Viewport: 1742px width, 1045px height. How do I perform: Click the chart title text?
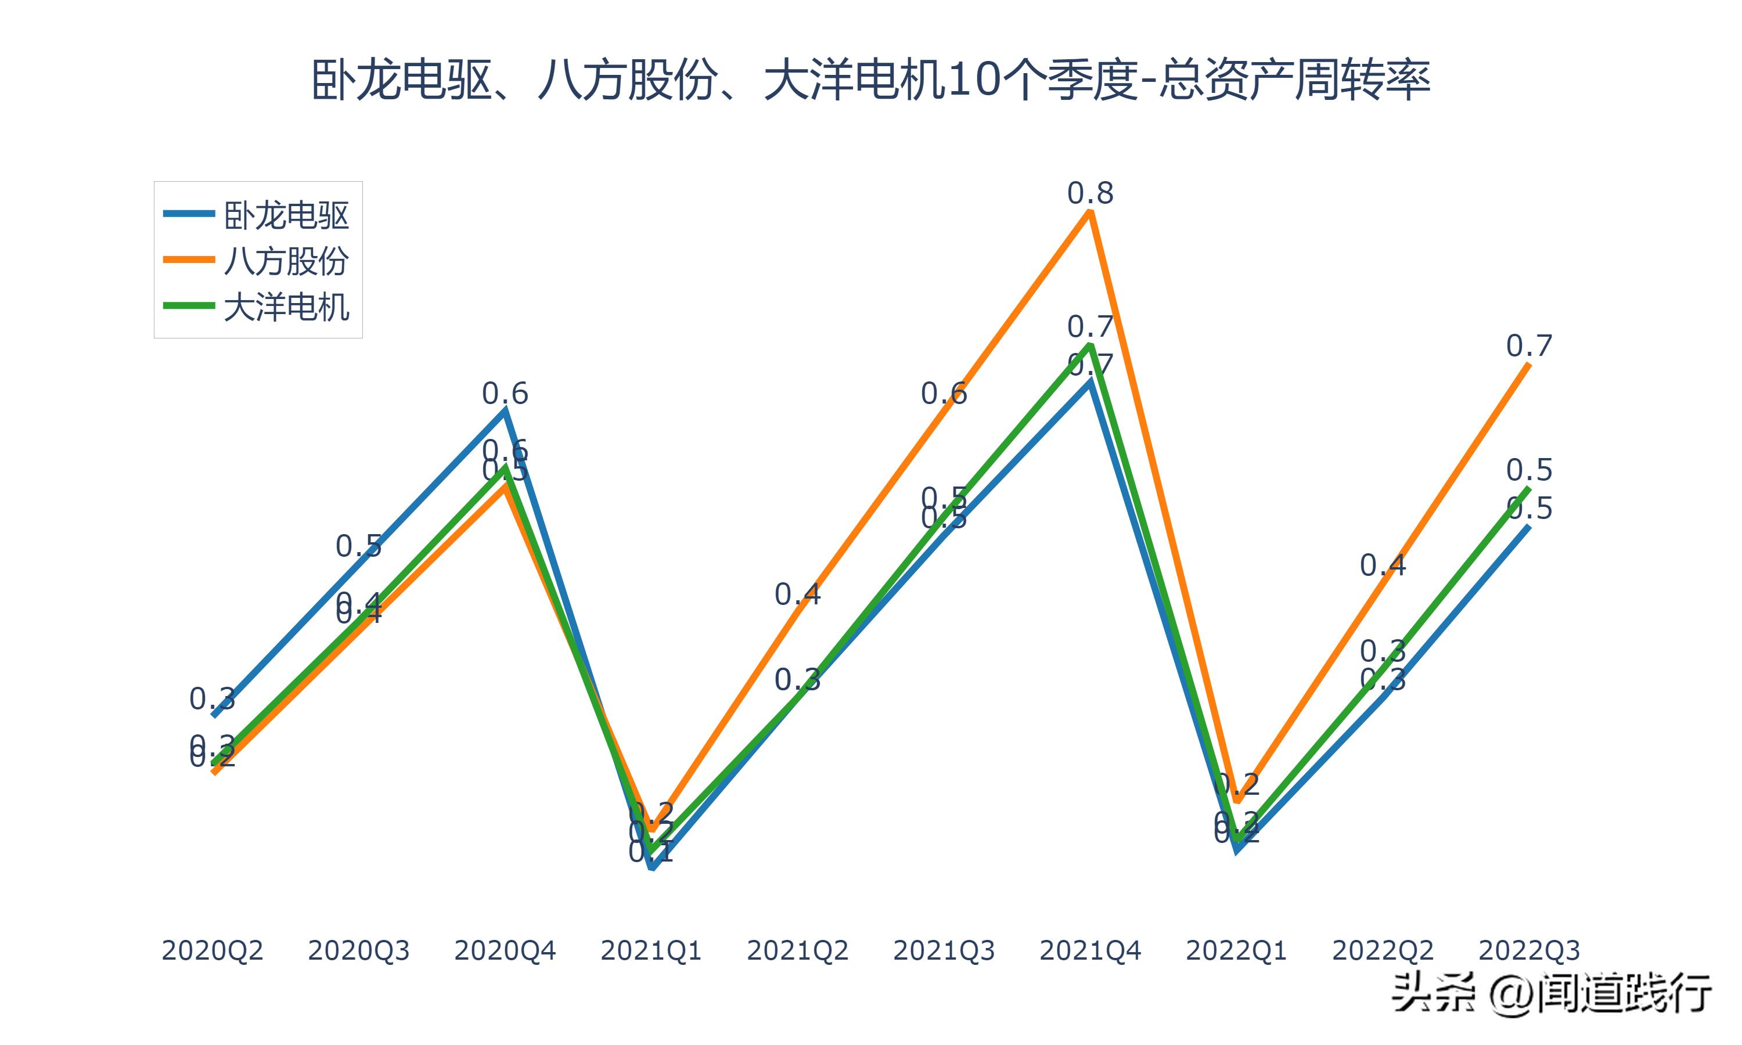(870, 80)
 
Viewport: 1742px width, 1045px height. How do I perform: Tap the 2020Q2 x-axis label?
(212, 950)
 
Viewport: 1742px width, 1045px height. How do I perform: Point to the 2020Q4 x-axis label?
(505, 950)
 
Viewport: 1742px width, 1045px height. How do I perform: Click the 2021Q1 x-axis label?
(652, 950)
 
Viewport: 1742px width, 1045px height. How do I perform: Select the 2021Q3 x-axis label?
(944, 950)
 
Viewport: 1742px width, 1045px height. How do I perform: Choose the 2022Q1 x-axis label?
(1236, 950)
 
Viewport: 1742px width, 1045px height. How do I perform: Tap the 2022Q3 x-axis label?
(1529, 950)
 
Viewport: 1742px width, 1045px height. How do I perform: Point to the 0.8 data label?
(1090, 193)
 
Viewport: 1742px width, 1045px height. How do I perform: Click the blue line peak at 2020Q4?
(505, 411)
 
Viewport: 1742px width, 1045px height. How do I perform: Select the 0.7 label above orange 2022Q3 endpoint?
(1529, 346)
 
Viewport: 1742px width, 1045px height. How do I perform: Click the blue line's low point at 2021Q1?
(653, 867)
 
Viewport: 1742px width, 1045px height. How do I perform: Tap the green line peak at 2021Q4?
(1090, 345)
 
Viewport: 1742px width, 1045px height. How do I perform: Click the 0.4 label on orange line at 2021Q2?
(797, 594)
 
